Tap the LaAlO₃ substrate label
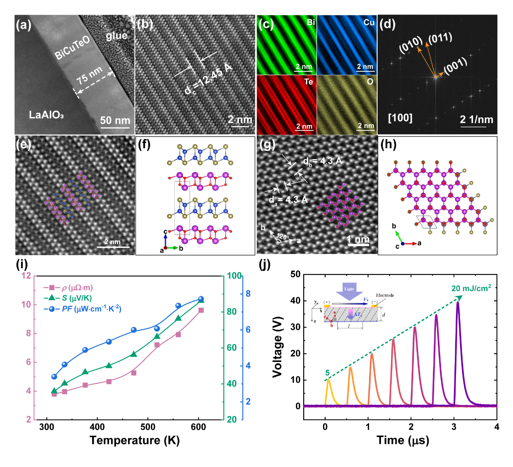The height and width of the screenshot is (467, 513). [46, 115]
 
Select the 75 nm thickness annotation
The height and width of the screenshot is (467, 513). [89, 76]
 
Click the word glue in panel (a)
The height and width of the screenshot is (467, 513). [116, 36]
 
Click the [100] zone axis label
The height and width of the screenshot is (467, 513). [400, 118]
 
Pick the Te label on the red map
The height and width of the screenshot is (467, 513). [308, 82]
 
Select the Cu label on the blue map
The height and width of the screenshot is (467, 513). [369, 23]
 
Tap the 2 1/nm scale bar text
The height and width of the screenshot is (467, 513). [476, 119]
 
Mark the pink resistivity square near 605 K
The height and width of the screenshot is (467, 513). [201, 310]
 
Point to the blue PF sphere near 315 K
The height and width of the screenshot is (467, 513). [54, 377]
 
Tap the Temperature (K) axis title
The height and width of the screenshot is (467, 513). [135, 440]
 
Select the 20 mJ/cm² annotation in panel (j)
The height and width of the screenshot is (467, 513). [471, 288]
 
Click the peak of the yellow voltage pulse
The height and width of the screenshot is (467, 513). [328, 380]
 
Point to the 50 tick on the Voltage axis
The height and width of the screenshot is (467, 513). [296, 274]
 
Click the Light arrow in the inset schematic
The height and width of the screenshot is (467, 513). [349, 290]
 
